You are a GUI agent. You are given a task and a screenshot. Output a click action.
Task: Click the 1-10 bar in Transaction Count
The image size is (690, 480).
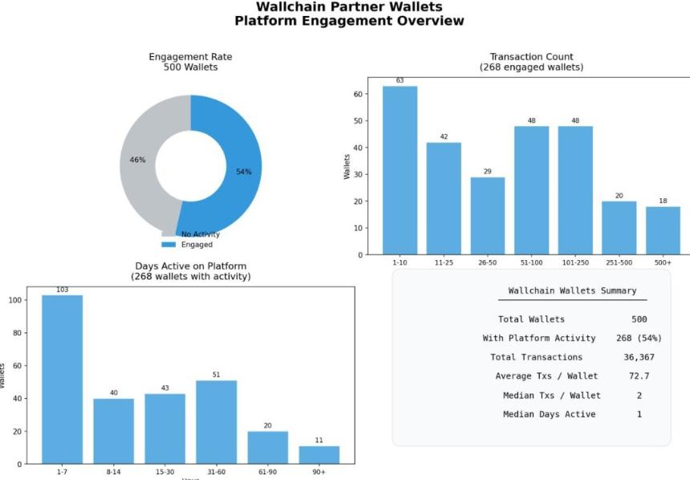tap(400, 170)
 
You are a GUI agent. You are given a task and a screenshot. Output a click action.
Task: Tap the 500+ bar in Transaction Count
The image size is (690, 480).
tap(663, 230)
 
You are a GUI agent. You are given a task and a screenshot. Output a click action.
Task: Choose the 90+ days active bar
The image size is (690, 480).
tap(319, 455)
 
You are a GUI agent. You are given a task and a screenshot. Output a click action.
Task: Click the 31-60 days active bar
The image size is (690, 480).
tap(217, 422)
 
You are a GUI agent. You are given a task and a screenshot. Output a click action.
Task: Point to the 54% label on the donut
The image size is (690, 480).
tap(244, 172)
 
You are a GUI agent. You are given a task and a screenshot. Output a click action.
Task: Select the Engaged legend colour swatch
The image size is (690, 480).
tap(168, 244)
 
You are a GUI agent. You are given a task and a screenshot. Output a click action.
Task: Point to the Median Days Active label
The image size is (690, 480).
tap(549, 414)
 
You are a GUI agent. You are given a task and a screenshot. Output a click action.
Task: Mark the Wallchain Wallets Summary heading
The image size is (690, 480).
tap(572, 291)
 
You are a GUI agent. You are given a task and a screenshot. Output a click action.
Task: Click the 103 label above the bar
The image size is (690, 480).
tap(62, 290)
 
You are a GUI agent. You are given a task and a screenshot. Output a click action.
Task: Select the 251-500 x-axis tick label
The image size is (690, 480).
tap(619, 262)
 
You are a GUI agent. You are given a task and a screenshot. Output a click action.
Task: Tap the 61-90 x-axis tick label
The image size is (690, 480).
tap(268, 472)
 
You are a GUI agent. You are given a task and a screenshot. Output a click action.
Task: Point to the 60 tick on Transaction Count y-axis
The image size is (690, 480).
tap(358, 94)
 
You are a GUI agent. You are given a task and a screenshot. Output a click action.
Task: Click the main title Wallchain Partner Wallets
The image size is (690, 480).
tap(349, 7)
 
